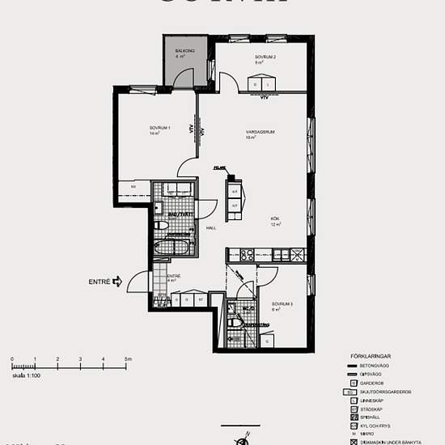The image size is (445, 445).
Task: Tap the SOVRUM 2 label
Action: [265, 57]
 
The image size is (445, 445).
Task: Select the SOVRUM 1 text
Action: [159, 129]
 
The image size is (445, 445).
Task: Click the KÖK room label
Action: [275, 220]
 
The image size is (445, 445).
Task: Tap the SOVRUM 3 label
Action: [281, 303]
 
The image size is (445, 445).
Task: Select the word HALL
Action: [210, 228]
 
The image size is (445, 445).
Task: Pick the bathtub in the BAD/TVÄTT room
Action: [172, 246]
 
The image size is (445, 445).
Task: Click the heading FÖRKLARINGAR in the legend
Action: [370, 355]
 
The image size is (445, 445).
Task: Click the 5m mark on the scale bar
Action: [127, 358]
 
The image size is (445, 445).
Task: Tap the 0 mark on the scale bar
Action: [12, 358]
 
